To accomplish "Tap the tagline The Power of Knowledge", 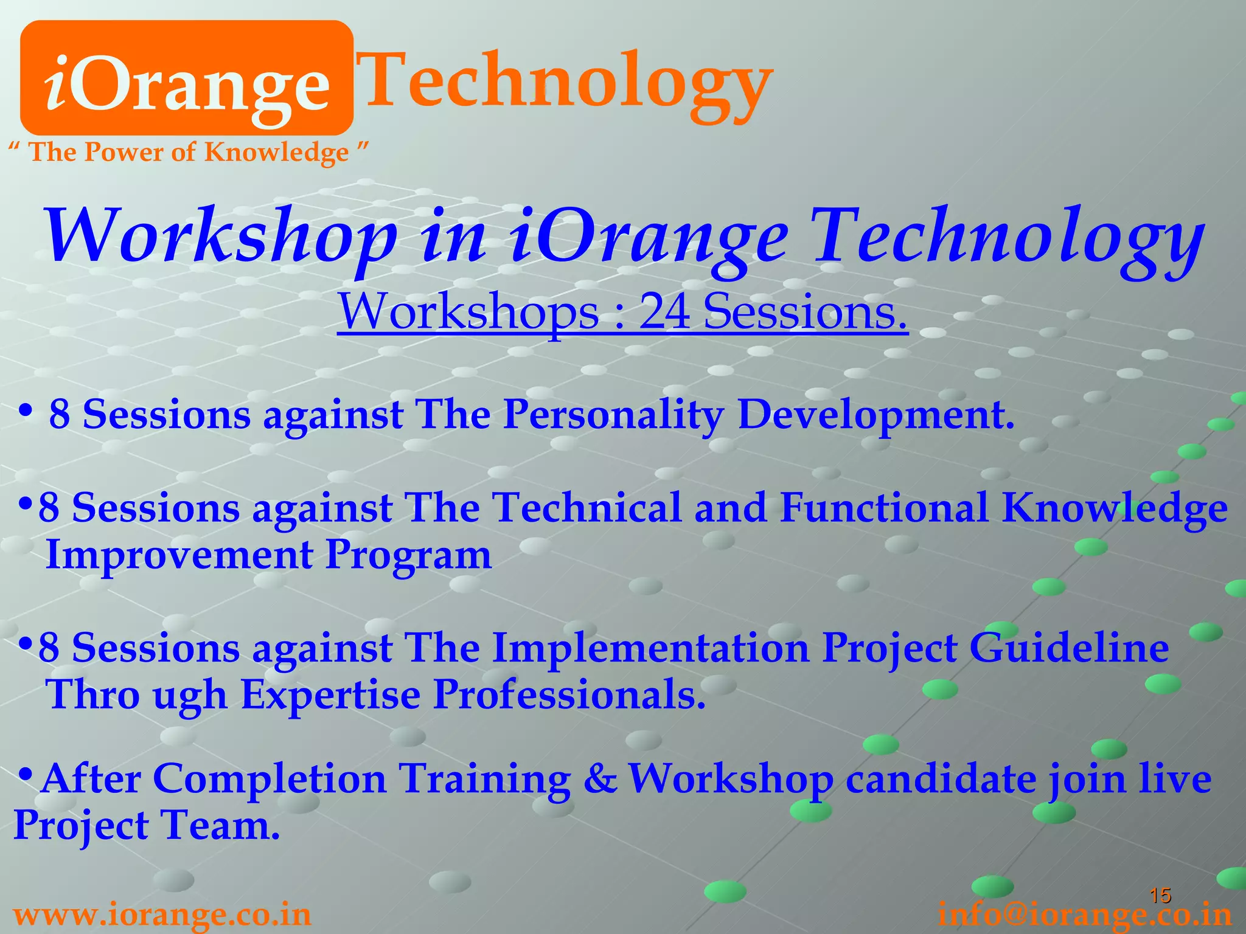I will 189,152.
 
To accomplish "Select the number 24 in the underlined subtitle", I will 664,311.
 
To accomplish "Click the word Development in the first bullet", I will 875,415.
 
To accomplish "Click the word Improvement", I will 179,555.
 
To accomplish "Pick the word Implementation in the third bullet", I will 650,648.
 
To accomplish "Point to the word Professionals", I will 569,694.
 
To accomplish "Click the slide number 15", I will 1160,895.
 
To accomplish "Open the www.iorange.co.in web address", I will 162,915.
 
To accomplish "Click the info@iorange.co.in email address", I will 1084,915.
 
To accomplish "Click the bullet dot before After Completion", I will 26,774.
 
